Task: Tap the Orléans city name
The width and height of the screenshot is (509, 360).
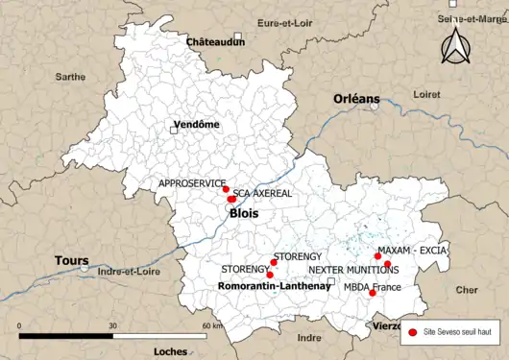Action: point(356,99)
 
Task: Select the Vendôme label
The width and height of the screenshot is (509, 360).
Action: point(196,125)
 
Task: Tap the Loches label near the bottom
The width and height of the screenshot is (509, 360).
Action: point(170,351)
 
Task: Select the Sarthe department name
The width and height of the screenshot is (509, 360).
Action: point(70,76)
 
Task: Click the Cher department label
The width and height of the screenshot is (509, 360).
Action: point(467,289)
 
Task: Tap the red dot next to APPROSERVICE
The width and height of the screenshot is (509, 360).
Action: point(226,189)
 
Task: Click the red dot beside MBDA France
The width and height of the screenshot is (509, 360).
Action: point(373,292)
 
